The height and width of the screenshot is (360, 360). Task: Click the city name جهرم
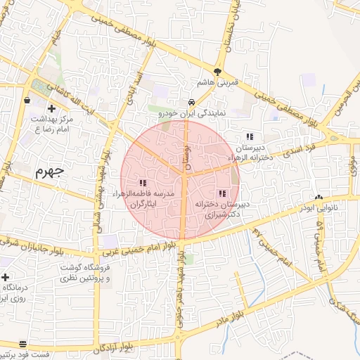(x=48, y=172)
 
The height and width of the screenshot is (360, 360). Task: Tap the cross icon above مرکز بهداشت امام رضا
(x=52, y=108)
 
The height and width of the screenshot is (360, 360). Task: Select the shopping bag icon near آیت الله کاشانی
(x=27, y=100)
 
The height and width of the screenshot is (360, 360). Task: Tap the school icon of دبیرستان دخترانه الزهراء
(x=249, y=137)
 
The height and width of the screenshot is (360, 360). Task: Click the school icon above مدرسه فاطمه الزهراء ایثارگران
(x=143, y=182)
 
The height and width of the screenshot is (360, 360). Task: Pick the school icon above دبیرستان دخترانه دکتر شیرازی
(x=222, y=193)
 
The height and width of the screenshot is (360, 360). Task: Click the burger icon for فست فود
(x=23, y=344)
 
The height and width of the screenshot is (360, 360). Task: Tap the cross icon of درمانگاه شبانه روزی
(x=5, y=278)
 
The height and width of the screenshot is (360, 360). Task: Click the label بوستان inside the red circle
(x=187, y=150)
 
